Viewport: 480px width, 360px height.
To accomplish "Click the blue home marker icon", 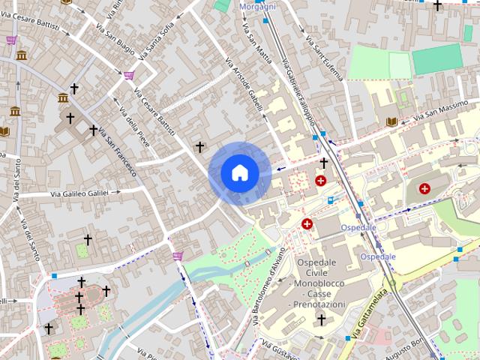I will click(x=239, y=173).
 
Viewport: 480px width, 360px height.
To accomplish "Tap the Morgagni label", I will click(x=257, y=7).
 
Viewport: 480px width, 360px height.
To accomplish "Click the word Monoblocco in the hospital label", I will click(x=321, y=284).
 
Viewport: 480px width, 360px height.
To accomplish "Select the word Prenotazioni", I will click(x=321, y=304).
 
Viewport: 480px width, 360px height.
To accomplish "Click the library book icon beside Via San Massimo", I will click(x=390, y=121).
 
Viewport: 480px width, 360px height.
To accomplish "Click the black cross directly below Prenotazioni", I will click(x=322, y=320).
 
